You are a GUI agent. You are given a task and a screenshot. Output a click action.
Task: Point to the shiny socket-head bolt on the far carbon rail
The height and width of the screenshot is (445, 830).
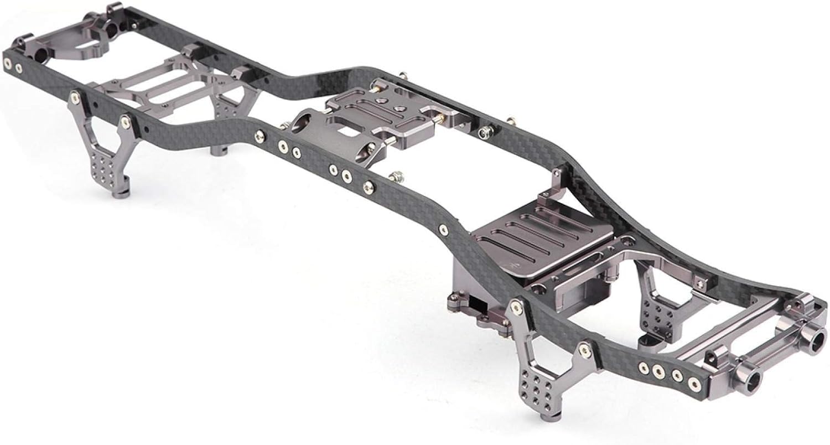point(485,132)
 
